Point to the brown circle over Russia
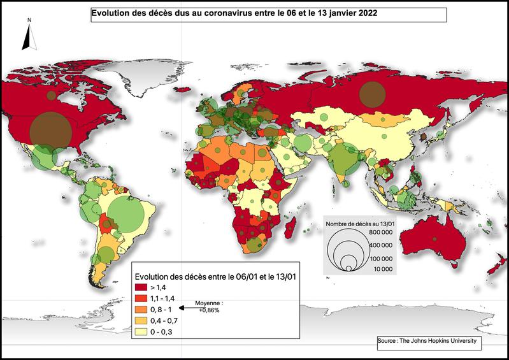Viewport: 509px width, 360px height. (x=371, y=94)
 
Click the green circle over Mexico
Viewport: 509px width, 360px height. (x=44, y=157)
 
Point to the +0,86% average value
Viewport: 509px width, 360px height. (x=209, y=310)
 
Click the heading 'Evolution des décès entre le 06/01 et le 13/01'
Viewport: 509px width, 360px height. (x=217, y=276)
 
